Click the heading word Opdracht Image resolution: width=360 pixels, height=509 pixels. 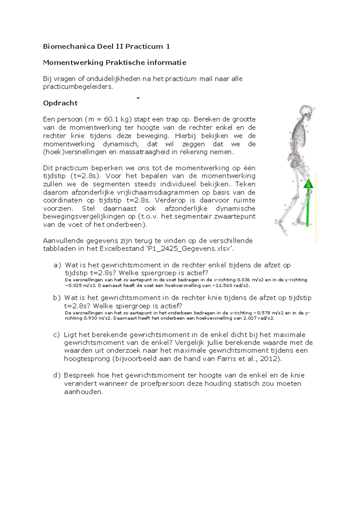[60, 103]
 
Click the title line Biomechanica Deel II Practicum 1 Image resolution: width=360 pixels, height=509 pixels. [106, 46]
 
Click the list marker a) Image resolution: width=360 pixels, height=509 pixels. [57, 265]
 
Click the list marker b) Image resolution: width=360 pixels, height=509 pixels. [57, 298]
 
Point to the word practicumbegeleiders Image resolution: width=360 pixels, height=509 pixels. [78, 87]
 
